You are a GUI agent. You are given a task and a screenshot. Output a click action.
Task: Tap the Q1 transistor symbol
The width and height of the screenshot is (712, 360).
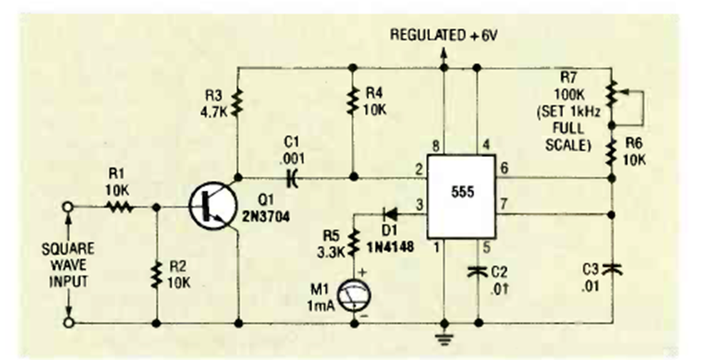click(x=213, y=206)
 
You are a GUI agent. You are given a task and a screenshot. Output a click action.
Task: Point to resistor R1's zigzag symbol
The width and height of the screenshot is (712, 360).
click(x=121, y=206)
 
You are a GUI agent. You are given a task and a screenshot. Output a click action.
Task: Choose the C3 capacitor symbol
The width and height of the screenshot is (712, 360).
click(x=614, y=268)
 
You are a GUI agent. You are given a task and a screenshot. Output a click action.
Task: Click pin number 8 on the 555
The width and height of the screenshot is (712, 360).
click(x=435, y=146)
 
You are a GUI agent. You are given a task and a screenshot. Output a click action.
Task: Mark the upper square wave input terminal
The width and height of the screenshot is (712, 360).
click(x=68, y=206)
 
